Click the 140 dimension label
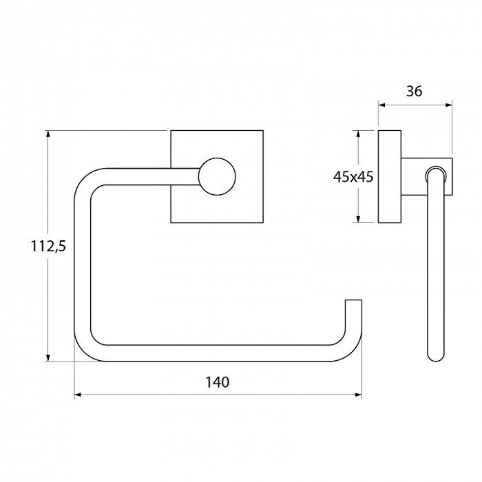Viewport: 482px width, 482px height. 217,382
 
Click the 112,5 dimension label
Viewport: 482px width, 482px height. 48,247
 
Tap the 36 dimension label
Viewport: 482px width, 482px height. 415,91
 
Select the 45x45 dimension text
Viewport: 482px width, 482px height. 353,177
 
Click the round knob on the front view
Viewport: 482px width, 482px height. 217,177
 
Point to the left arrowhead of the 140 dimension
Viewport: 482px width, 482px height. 78,395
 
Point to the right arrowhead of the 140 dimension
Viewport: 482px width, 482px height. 359,395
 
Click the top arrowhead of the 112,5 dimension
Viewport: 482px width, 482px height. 48,134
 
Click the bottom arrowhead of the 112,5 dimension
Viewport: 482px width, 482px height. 48,358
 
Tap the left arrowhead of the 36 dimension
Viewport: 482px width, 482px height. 381,105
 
